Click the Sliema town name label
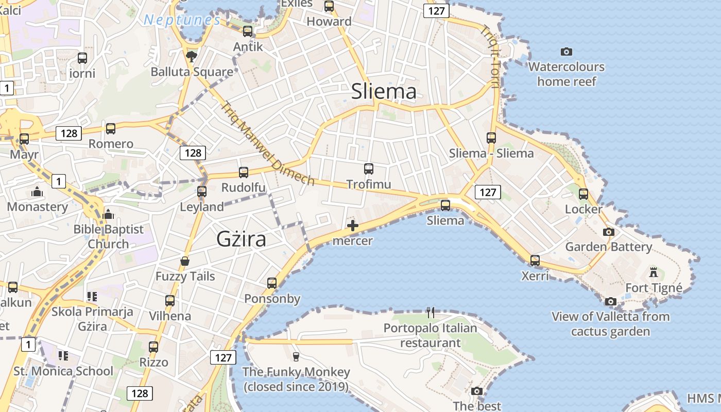click(384, 92)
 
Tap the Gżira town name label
click(242, 239)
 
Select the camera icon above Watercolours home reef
click(566, 51)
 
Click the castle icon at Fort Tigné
click(654, 272)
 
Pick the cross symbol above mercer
click(353, 226)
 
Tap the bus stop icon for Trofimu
click(369, 168)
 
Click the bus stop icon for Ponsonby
click(272, 283)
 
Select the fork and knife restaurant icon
click(431, 312)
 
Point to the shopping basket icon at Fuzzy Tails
click(185, 262)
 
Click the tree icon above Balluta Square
click(192, 56)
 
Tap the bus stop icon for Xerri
click(535, 260)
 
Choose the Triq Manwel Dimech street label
click(267, 143)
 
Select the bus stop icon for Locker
click(583, 194)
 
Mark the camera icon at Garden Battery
click(609, 232)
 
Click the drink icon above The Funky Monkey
click(296, 356)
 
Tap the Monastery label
click(38, 207)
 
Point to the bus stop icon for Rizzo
click(153, 347)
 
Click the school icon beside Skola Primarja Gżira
click(92, 296)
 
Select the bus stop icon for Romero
click(111, 128)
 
